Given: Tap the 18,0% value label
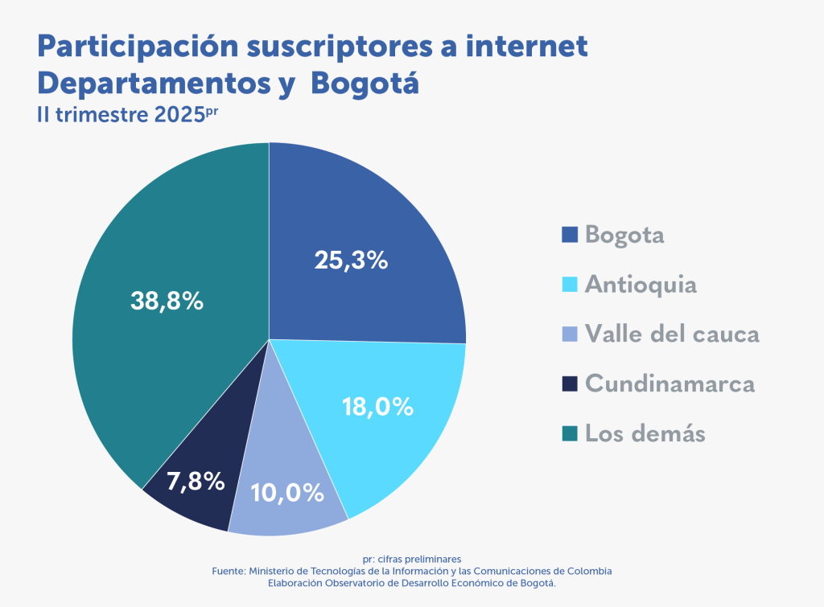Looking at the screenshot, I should coord(377,407).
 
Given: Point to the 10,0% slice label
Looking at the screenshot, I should coord(287,492).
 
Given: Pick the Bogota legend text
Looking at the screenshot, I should coord(624,235).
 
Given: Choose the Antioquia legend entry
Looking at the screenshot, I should coord(641,285).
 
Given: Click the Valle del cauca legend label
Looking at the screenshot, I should coord(672,334).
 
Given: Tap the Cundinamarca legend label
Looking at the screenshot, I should coord(670,383).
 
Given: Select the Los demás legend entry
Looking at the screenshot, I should coord(645,433).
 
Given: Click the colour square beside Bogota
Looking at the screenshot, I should coord(570,235).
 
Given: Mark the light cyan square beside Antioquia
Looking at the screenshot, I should coord(570,285).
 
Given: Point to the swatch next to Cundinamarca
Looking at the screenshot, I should coord(570,383).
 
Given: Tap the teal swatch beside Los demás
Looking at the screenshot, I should coord(570,433).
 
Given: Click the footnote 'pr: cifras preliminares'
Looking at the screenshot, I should coord(411,559).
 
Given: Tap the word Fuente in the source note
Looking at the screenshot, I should coord(228,571).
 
